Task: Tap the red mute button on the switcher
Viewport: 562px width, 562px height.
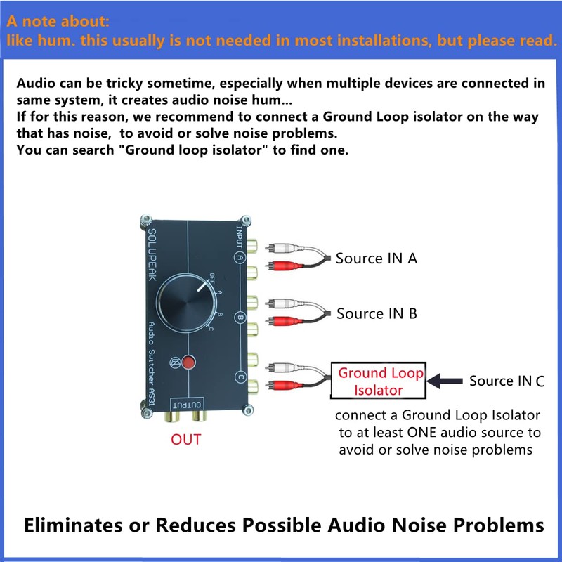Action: pos(189,363)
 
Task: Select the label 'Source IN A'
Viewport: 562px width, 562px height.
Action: pos(377,259)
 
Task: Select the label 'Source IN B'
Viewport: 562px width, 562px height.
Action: pos(377,313)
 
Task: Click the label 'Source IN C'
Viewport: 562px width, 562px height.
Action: pos(507,381)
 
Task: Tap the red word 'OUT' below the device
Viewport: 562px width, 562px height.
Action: pos(186,440)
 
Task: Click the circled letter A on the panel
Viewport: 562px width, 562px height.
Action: pos(240,257)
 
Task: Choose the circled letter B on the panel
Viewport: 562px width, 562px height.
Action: pos(240,317)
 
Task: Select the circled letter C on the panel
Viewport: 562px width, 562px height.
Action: pos(240,377)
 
